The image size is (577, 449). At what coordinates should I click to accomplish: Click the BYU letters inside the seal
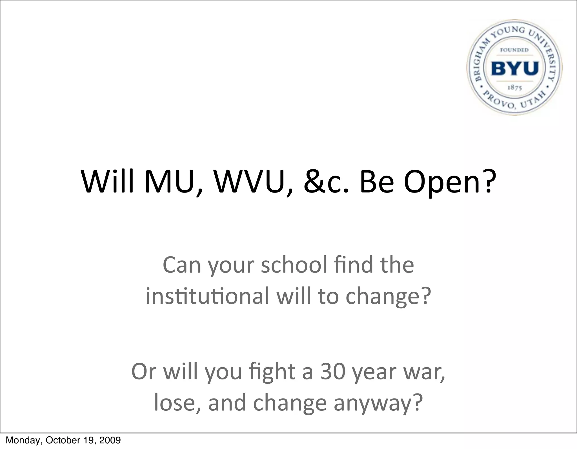click(x=515, y=68)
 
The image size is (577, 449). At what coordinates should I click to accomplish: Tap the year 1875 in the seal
click(x=515, y=88)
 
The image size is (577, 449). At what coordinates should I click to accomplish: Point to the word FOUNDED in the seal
click(x=514, y=50)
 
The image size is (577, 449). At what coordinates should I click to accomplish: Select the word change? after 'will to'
click(x=388, y=297)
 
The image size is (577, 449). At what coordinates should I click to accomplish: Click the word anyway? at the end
click(x=378, y=403)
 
